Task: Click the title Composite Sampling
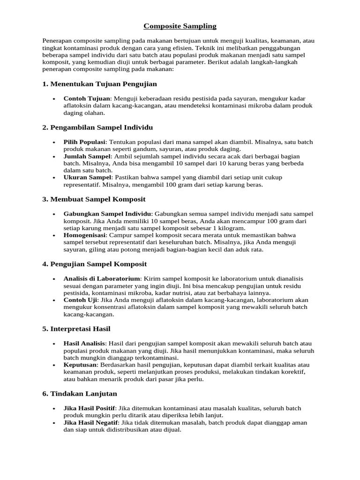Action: click(x=180, y=26)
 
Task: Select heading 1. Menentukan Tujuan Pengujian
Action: click(x=99, y=84)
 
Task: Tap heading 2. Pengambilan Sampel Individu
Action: click(x=97, y=127)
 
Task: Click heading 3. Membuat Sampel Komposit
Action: click(x=94, y=199)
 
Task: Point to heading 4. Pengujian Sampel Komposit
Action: click(x=94, y=264)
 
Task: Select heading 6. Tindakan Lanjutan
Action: click(x=80, y=394)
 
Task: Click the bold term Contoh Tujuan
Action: click(x=87, y=98)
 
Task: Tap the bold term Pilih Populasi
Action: click(x=84, y=142)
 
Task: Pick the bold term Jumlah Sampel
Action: click(x=87, y=156)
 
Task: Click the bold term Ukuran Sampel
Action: click(x=86, y=178)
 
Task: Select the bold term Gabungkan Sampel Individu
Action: click(x=107, y=214)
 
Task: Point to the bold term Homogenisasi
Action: click(x=85, y=235)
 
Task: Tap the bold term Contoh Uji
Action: click(x=80, y=300)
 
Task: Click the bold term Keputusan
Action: click(x=81, y=365)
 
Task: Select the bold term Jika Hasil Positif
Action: click(x=89, y=408)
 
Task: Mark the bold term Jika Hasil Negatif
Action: click(x=90, y=423)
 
